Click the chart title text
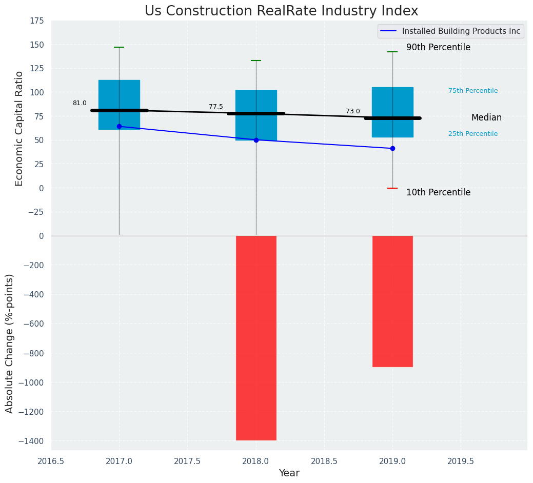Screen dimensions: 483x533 (x=281, y=11)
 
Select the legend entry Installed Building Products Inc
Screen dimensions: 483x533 (x=461, y=31)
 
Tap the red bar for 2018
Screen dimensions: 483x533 (x=256, y=338)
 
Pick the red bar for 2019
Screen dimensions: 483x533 (x=392, y=301)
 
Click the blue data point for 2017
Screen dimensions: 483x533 (x=119, y=126)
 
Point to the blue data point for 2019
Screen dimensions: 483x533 (x=392, y=148)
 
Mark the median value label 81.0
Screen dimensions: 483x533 (x=80, y=103)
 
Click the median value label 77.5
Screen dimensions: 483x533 (x=216, y=107)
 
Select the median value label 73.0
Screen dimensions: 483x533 (x=353, y=111)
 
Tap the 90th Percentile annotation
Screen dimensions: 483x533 (x=438, y=47)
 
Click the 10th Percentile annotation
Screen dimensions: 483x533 (x=438, y=192)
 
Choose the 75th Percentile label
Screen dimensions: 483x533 (x=473, y=91)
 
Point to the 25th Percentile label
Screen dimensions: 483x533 (x=473, y=134)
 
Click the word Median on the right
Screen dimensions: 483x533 (x=486, y=117)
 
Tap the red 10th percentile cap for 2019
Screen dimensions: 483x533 (x=392, y=188)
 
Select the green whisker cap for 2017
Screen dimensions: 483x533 (x=119, y=47)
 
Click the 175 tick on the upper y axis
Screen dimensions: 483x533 (x=37, y=21)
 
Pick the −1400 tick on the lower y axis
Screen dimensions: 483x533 (x=31, y=441)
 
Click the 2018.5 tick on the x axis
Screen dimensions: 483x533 (x=324, y=460)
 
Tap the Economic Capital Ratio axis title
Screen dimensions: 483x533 (x=19, y=128)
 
